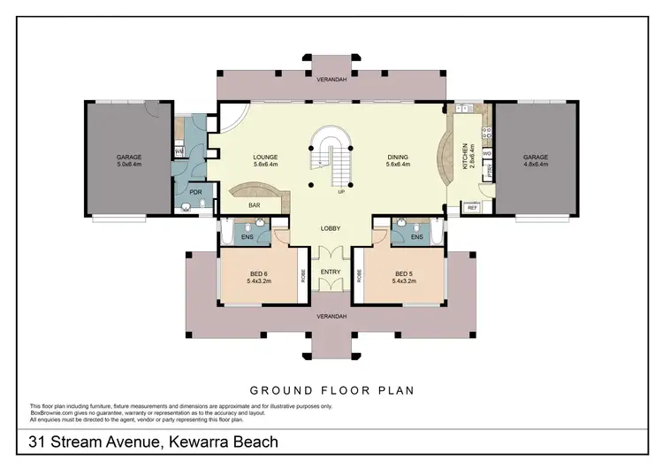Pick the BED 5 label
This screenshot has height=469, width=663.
click(405, 273)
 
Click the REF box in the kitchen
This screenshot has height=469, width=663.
click(470, 208)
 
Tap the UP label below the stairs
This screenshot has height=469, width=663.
click(340, 191)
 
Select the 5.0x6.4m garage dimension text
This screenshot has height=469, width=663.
click(129, 165)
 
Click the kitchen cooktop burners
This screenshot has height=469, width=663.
click(461, 115)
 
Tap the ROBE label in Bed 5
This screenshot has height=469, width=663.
click(360, 275)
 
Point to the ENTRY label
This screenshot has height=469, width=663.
click(330, 272)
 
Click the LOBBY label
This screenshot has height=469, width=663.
click(330, 228)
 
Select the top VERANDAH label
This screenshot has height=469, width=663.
click(330, 79)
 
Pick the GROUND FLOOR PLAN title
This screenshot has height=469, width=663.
click(331, 389)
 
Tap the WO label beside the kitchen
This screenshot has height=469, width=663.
click(487, 155)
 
